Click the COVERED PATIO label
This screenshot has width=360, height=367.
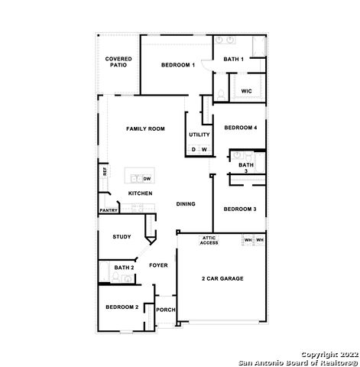(x=118, y=62)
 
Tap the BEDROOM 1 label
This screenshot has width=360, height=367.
(x=178, y=66)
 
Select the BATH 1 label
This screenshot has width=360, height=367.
(x=233, y=59)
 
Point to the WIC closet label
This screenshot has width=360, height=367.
(x=246, y=91)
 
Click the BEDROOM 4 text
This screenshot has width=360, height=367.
(x=240, y=128)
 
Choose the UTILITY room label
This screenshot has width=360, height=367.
(x=199, y=135)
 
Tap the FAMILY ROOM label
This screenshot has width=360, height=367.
(x=145, y=129)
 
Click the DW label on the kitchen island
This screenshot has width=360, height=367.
(x=148, y=178)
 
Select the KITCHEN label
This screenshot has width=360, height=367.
(x=140, y=193)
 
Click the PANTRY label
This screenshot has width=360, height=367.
(x=108, y=210)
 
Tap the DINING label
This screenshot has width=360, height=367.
(x=186, y=204)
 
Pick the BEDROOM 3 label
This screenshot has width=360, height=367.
(x=239, y=209)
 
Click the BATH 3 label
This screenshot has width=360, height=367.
(x=245, y=167)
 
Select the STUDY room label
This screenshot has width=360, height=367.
(x=122, y=237)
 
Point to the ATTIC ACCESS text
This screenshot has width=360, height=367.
(x=209, y=240)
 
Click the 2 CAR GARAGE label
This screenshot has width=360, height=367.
(x=222, y=278)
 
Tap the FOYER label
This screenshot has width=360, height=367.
(x=158, y=265)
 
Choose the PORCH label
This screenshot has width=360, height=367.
(x=165, y=310)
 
